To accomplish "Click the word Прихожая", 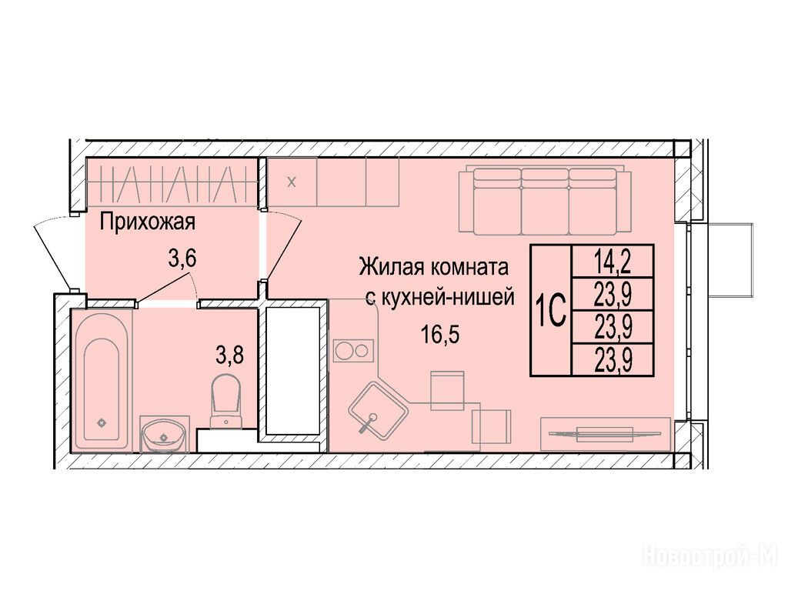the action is click(x=147, y=222).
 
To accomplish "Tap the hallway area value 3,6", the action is click(x=182, y=259).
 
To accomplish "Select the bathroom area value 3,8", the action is click(x=229, y=356).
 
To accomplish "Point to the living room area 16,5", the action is click(x=440, y=335).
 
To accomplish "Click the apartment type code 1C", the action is click(x=551, y=310).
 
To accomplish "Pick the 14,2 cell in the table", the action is click(x=613, y=262).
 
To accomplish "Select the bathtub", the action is click(x=102, y=380).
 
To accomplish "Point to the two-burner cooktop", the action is click(x=353, y=351).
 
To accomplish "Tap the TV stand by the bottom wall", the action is click(x=606, y=433).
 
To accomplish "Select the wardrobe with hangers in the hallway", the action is click(x=171, y=182).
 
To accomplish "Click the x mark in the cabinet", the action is click(x=292, y=182).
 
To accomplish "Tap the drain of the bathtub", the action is click(x=102, y=422).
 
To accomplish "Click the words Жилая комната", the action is click(x=434, y=267).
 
